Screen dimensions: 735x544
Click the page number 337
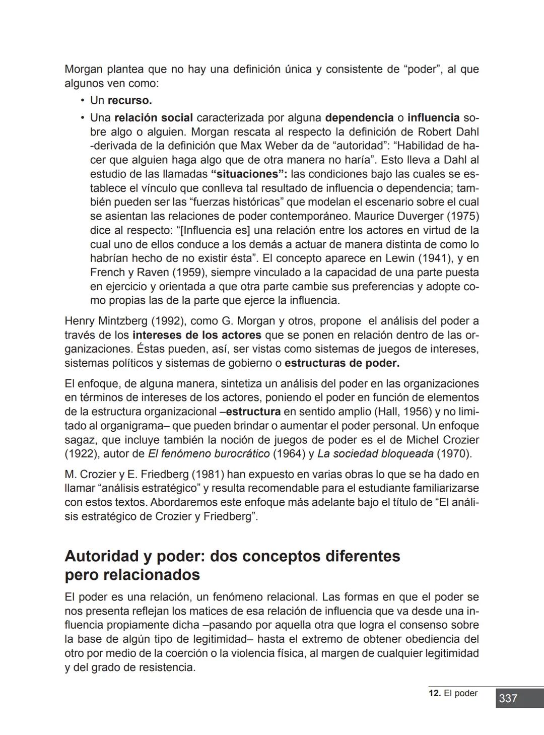508,698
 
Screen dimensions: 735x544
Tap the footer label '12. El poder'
453,693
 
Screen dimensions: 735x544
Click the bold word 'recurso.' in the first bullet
129,100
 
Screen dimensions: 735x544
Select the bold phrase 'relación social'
154,118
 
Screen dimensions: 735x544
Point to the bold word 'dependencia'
359,118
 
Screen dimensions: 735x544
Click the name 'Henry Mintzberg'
105,321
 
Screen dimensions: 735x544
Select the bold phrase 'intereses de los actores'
196,335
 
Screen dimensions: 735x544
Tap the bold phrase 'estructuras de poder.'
342,363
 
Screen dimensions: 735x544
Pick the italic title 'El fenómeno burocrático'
209,454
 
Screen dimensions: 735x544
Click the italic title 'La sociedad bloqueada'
375,454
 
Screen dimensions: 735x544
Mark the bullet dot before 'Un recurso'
82,100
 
